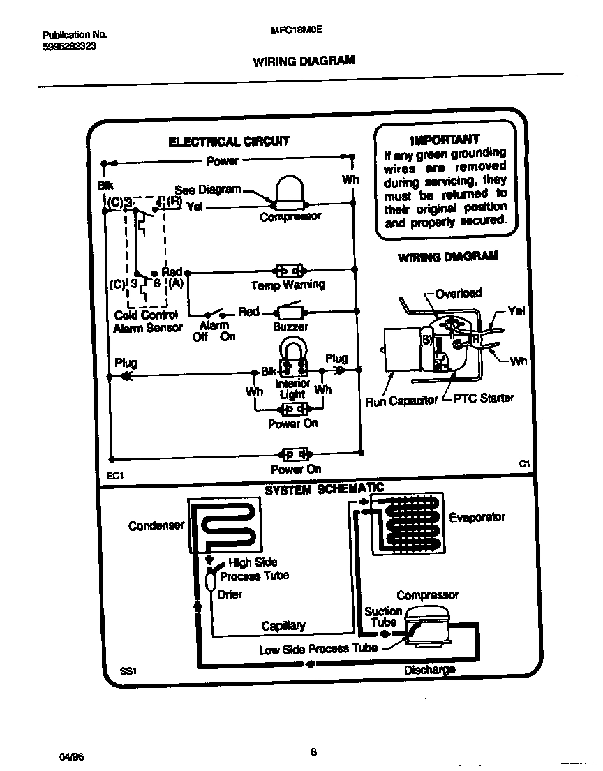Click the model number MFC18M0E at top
[297, 31]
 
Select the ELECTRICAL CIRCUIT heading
[228, 142]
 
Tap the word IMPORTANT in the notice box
[445, 139]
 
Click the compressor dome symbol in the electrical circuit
[291, 191]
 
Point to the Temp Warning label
[288, 285]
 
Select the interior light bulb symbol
[292, 356]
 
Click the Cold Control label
[146, 315]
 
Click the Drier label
[230, 594]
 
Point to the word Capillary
[283, 626]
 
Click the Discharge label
[429, 670]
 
